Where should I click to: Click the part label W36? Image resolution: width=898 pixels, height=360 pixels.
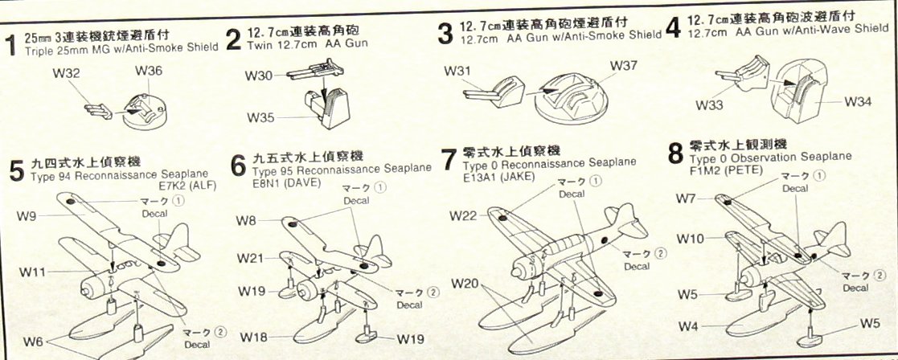tap(149, 72)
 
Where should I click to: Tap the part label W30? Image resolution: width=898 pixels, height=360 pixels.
tap(259, 76)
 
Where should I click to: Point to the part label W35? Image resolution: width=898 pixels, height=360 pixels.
tap(260, 118)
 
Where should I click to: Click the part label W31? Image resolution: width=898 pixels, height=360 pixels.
tap(457, 72)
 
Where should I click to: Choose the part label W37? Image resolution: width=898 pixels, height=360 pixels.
tap(625, 64)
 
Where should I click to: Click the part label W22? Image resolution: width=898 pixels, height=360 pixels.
tap(465, 215)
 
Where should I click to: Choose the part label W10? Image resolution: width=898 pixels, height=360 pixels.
tap(691, 239)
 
